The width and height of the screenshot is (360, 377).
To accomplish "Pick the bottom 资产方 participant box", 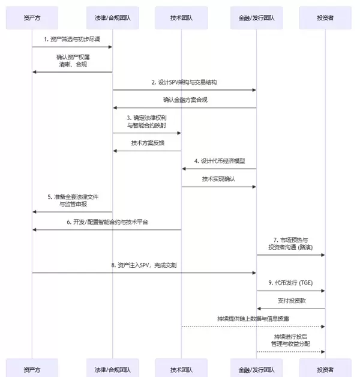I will tap(32, 367).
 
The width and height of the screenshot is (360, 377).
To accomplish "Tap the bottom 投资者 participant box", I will tap(325, 367).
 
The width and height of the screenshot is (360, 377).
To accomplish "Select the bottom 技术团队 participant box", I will tap(181, 367).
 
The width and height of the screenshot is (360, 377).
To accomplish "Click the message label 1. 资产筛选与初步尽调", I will tap(73, 39).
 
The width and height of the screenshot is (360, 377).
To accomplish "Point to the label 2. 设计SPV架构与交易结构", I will tap(185, 82).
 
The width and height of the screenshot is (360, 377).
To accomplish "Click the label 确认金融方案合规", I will tap(185, 100).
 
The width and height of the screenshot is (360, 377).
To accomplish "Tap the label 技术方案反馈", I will tap(147, 143).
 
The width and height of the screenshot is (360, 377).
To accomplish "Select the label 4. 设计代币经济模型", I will tap(219, 161).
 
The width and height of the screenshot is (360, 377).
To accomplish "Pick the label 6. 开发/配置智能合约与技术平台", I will tap(107, 222).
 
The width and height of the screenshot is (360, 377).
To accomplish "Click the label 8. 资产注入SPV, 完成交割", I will tap(144, 265).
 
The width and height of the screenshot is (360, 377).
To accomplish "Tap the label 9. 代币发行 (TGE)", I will tap(291, 282).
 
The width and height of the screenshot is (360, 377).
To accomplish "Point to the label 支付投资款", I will tap(291, 300).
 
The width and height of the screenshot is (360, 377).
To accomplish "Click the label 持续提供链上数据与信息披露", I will tap(253, 318).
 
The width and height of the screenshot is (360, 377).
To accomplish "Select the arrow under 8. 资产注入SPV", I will tap(144, 273).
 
